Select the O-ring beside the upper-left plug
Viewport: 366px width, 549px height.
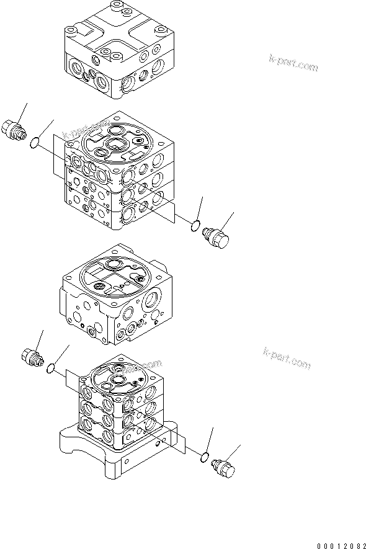pyautogui.click(x=37, y=144)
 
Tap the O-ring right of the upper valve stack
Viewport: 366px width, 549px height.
pyautogui.click(x=195, y=225)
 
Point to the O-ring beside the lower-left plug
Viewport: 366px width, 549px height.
pyautogui.click(x=51, y=370)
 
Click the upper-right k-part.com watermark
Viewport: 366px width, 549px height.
pyautogui.click(x=294, y=62)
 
